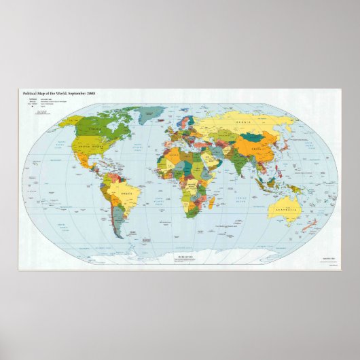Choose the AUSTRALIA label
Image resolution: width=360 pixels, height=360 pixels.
pos(284,208)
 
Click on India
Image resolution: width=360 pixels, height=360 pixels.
pos(238,164)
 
